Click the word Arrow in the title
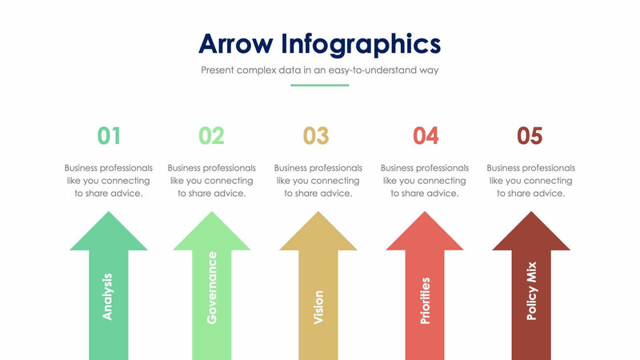pyautogui.click(x=236, y=42)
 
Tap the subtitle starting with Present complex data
pyautogui.click(x=319, y=70)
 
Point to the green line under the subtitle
pyautogui.click(x=319, y=85)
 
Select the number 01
pyautogui.click(x=109, y=136)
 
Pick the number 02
pyautogui.click(x=211, y=136)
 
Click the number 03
pyautogui.click(x=316, y=136)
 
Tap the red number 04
pyautogui.click(x=425, y=136)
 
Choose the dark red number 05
pyautogui.click(x=530, y=136)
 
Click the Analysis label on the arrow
pyautogui.click(x=108, y=296)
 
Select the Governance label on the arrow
pyautogui.click(x=212, y=287)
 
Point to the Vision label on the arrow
pyautogui.click(x=318, y=307)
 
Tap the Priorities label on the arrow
pyautogui.click(x=425, y=300)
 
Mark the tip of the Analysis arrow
pyautogui.click(x=109, y=214)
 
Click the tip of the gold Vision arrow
pyautogui.click(x=318, y=214)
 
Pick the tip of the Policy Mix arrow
pyautogui.click(x=531, y=214)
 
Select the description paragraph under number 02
pyautogui.click(x=211, y=181)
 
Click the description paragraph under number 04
pyautogui.click(x=425, y=181)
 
